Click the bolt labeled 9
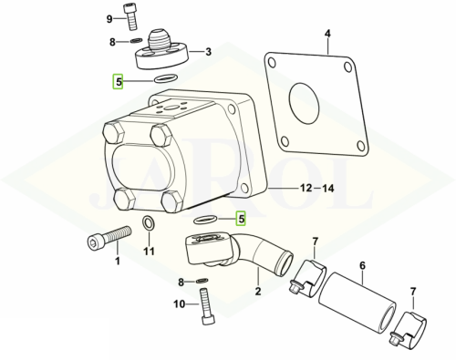pos(130,17)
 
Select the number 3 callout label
pos(208,52)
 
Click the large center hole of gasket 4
pos(304,102)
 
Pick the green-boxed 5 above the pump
pos(118,81)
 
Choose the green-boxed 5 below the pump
pos(241,219)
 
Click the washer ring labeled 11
pos(148,223)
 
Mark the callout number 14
pos(327,189)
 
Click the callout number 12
pos(306,189)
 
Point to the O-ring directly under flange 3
pos(166,78)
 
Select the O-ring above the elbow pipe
pos(205,220)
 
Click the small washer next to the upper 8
pos(137,40)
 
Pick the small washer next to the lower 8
pos(202,281)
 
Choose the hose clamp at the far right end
pos(409,329)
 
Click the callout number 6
pos(362,266)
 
